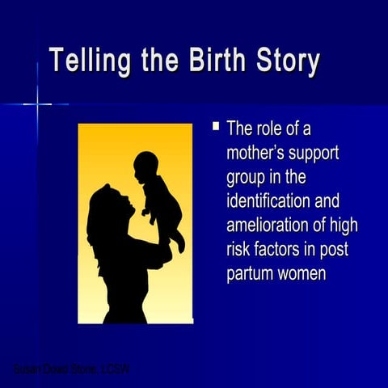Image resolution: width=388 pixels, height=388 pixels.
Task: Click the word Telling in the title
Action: [x=89, y=62]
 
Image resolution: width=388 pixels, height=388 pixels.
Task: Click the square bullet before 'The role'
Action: [x=216, y=126]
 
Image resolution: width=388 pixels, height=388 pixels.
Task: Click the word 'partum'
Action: [x=250, y=274]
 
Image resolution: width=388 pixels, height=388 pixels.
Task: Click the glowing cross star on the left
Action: [x=36, y=103]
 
